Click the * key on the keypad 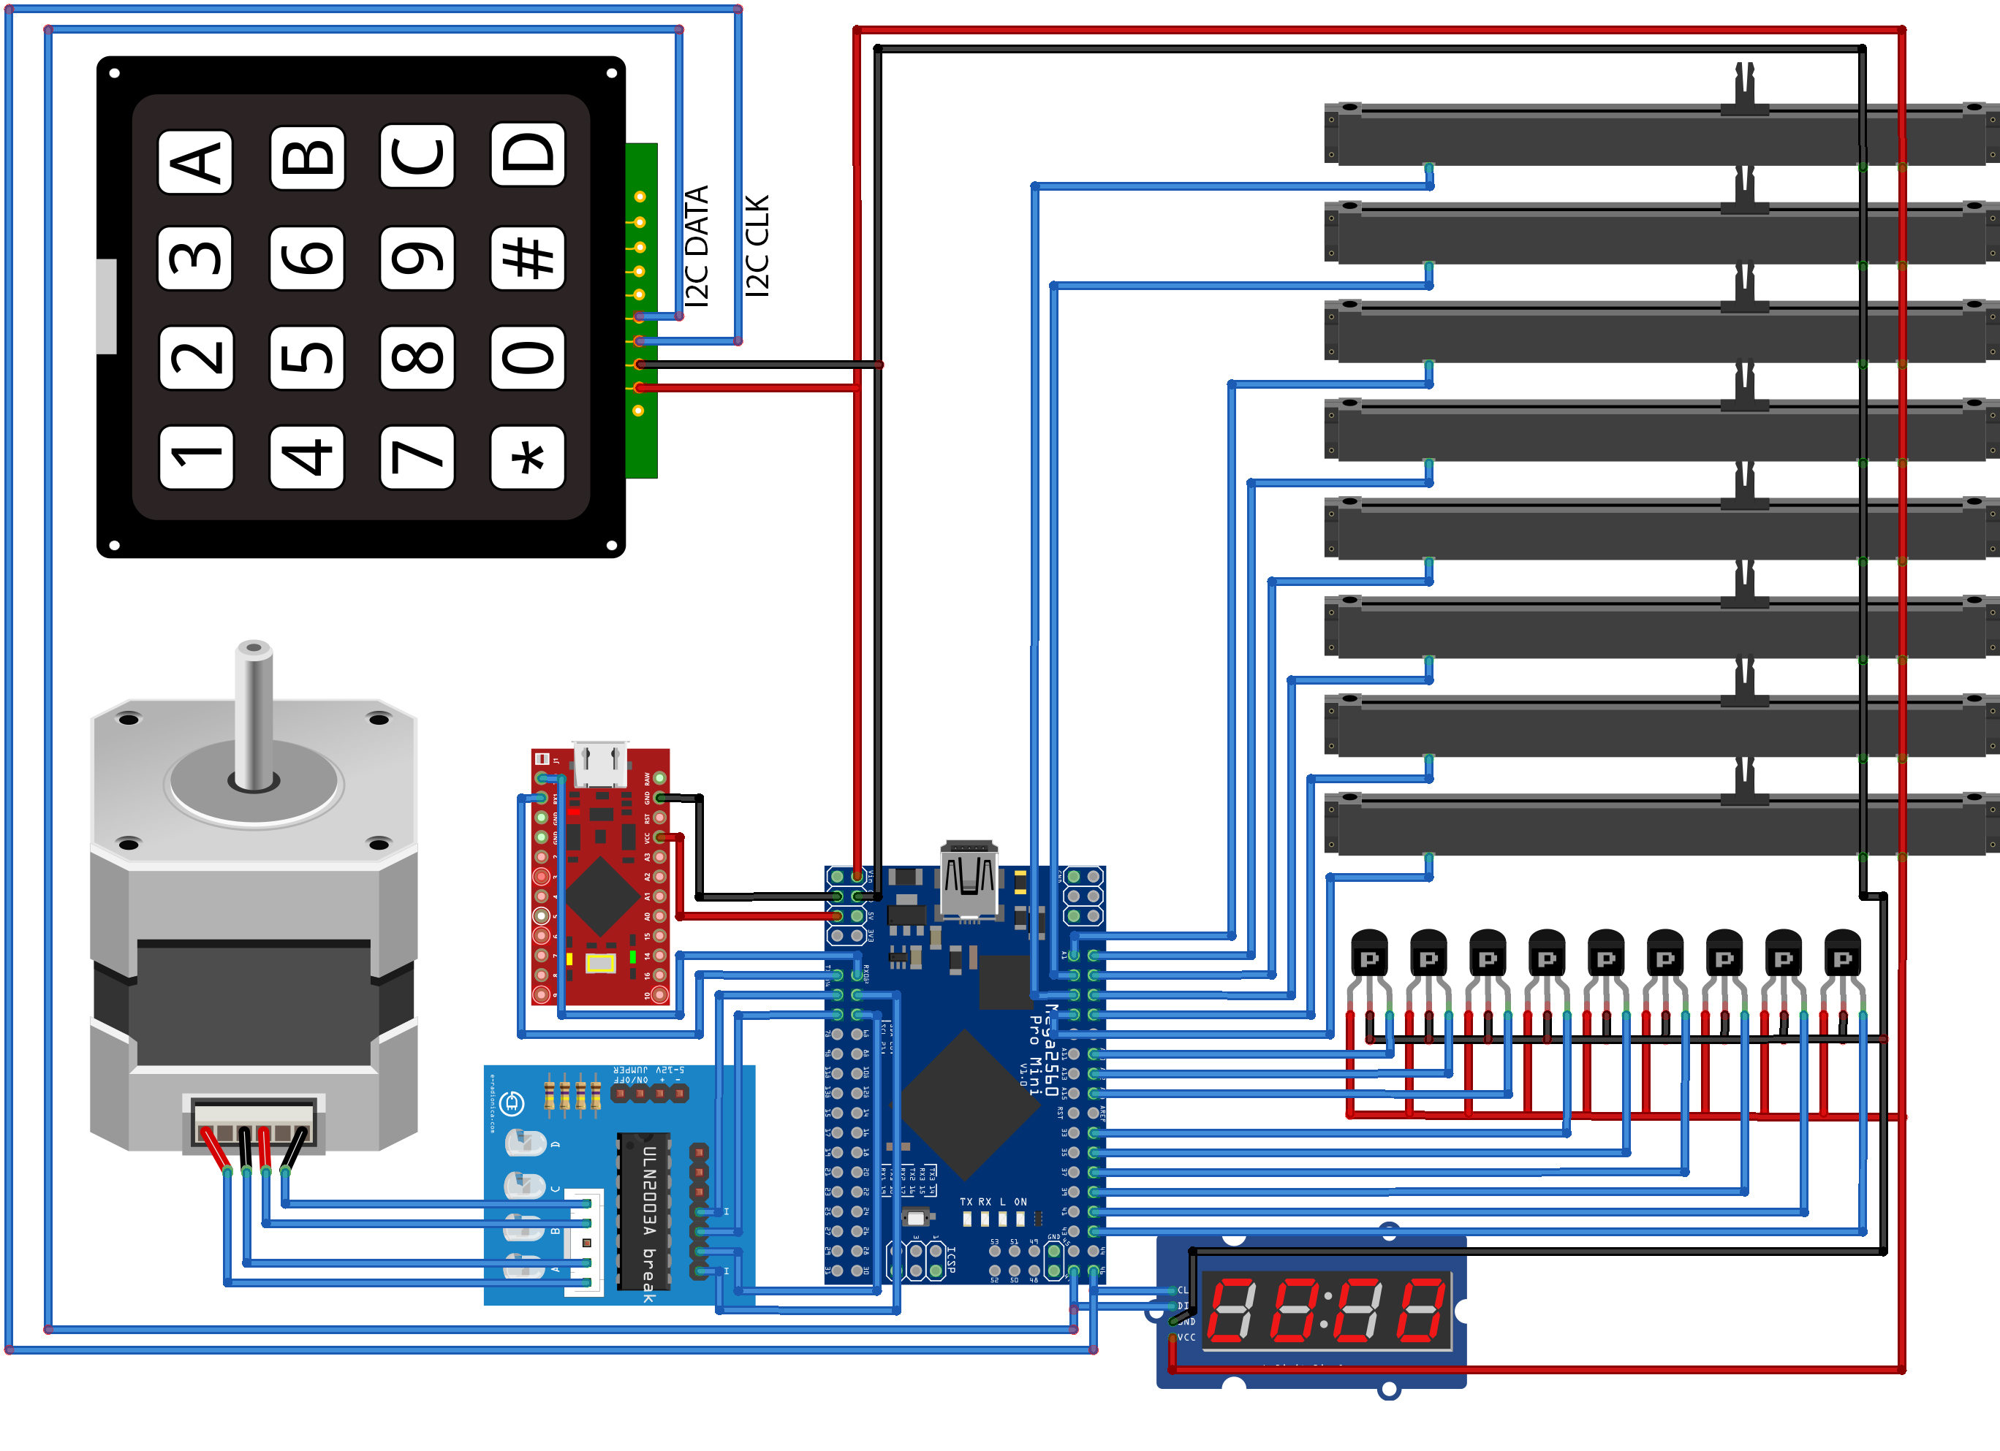click(x=527, y=457)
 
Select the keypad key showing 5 click(x=306, y=358)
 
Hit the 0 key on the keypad click(x=527, y=358)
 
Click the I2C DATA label click(x=697, y=246)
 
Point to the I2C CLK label click(x=757, y=246)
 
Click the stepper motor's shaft click(x=254, y=714)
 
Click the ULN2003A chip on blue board click(x=644, y=1212)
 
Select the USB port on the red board click(x=599, y=763)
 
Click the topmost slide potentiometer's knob click(x=1744, y=88)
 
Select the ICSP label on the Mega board click(x=950, y=1258)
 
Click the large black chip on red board click(x=602, y=897)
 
